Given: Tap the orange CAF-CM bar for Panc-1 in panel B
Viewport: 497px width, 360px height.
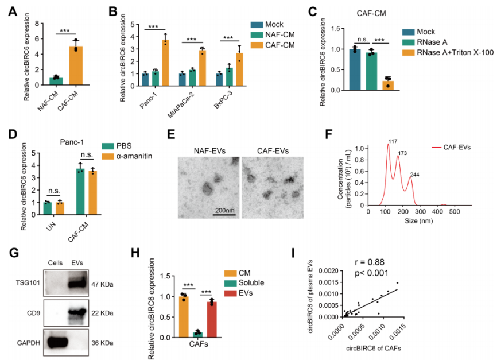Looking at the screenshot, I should pos(166,63).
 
